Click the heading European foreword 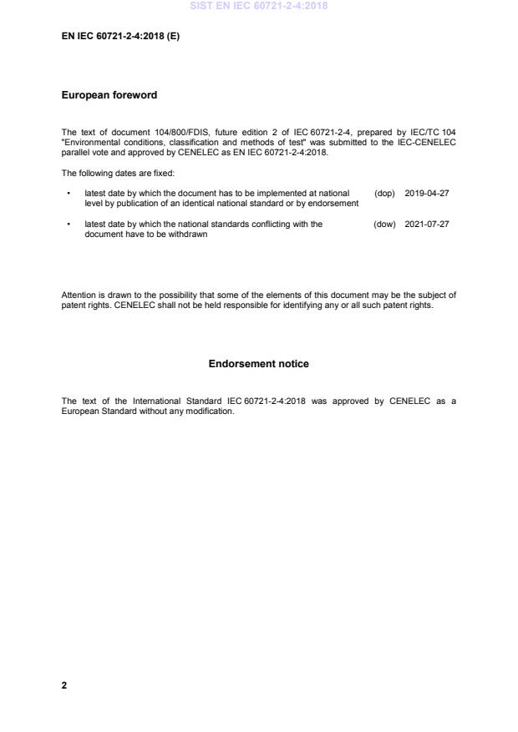(x=109, y=95)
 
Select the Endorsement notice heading (x=258, y=364)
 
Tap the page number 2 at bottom (x=64, y=685)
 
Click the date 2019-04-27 (x=427, y=193)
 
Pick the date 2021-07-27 (x=427, y=224)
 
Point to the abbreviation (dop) (x=384, y=193)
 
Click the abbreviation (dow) (x=384, y=224)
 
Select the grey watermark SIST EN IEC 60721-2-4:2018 (x=259, y=6)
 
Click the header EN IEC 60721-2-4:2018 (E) (x=120, y=36)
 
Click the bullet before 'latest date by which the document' (x=68, y=193)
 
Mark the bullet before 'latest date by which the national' (x=68, y=224)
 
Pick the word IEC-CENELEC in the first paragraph (x=425, y=143)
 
